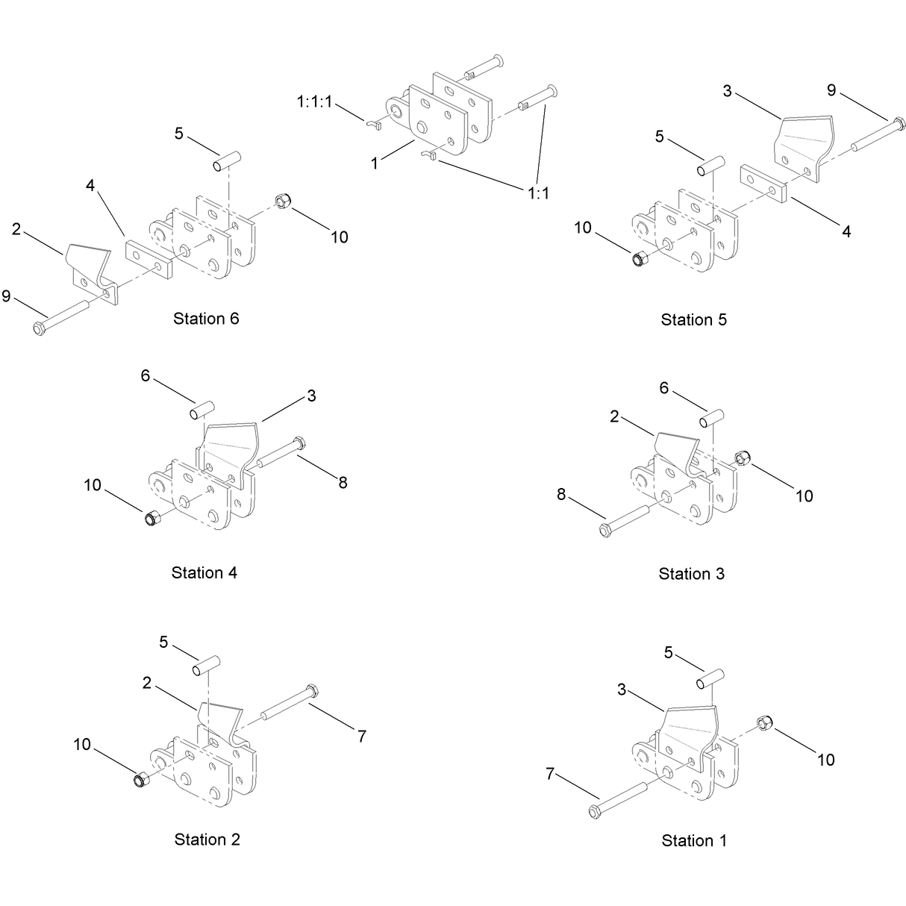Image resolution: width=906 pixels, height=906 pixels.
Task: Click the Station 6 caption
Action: tap(206, 319)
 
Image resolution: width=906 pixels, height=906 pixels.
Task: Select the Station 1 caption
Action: tap(694, 840)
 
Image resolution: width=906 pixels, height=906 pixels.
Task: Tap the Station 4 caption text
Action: tap(204, 572)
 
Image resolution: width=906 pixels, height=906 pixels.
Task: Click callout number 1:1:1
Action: tap(314, 101)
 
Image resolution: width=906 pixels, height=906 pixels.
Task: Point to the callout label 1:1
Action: tap(538, 193)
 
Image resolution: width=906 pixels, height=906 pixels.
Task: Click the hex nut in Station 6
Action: tap(283, 201)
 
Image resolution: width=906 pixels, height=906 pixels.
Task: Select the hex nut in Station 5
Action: tap(639, 259)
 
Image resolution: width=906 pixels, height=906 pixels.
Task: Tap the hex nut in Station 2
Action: tap(140, 780)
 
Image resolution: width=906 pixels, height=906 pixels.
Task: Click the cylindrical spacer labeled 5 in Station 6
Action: tap(227, 160)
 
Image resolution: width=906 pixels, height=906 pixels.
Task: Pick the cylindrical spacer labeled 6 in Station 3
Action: tap(711, 419)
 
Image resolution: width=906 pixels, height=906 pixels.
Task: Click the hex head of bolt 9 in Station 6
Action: tap(40, 328)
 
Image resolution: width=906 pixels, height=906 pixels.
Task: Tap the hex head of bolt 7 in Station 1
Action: tap(596, 812)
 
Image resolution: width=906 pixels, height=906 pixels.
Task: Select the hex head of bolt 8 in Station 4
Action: tap(300, 443)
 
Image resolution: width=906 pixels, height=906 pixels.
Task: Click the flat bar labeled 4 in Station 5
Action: tap(763, 184)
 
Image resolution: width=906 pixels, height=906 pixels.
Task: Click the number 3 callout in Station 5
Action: tap(727, 91)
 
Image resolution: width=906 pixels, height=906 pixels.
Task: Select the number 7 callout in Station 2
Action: tap(361, 737)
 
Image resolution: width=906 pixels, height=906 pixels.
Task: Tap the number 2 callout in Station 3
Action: tap(614, 416)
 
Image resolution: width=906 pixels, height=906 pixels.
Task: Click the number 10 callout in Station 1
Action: tap(825, 760)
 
